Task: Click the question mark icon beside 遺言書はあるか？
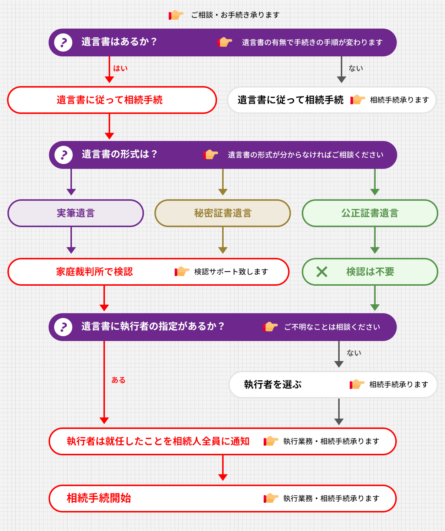click(63, 43)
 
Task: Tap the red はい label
click(120, 68)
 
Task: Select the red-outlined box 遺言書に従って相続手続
click(112, 100)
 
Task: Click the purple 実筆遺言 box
click(76, 213)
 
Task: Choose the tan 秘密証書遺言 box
click(222, 213)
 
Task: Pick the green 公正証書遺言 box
click(370, 213)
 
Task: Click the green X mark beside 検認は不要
click(322, 272)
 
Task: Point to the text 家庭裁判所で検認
click(94, 272)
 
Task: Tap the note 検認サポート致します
click(231, 272)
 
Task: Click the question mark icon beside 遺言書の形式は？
click(63, 155)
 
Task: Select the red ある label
click(118, 380)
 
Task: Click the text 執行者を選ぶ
click(273, 384)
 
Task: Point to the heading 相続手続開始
click(99, 498)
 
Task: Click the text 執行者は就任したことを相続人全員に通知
click(158, 441)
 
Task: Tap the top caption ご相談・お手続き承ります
click(235, 15)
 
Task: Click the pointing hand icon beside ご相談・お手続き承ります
click(176, 15)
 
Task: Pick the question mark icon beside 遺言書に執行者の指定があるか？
click(63, 327)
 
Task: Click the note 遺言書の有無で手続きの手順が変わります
click(312, 42)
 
